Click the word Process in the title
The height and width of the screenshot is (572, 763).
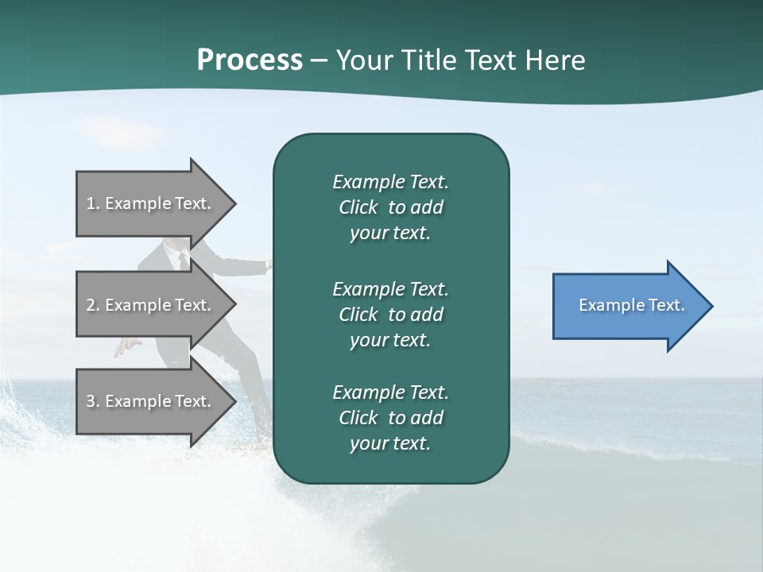click(250, 60)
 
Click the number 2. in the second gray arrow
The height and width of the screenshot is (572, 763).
click(93, 305)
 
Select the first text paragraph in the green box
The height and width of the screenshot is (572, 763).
click(390, 207)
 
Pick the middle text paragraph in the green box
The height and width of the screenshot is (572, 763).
click(390, 315)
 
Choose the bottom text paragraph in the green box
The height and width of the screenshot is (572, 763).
click(390, 418)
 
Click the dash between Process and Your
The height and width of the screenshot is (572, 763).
click(320, 61)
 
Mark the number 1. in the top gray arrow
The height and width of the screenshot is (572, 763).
click(93, 203)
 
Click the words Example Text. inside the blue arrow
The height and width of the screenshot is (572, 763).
click(632, 305)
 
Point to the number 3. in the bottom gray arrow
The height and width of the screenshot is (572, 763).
click(93, 401)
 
